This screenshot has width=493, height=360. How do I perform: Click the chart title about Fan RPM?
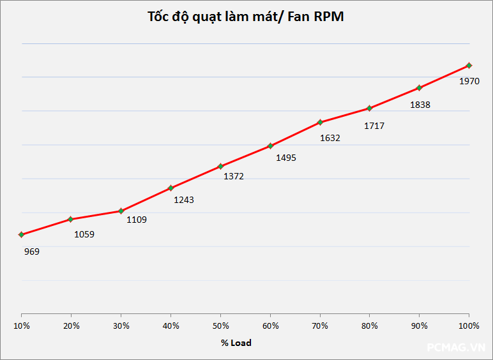coord(246,17)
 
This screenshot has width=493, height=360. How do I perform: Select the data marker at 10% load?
coord(21,234)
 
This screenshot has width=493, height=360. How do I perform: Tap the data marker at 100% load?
coord(469,65)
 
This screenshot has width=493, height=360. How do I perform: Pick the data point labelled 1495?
coord(270,146)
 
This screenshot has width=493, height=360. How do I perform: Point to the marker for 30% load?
coord(121,211)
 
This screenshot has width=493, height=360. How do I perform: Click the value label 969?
coord(32,251)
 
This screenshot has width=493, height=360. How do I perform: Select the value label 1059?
coord(84,234)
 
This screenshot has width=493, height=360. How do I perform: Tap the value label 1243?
coord(184,200)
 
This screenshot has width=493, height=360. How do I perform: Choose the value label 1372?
coord(234,176)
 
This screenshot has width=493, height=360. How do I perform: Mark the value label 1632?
coord(330,137)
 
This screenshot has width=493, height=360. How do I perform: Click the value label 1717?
coord(374,126)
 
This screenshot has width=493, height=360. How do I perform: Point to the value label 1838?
coord(420,105)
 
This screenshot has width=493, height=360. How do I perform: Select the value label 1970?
coord(469,81)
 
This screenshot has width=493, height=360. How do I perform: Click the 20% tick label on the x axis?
coord(71,326)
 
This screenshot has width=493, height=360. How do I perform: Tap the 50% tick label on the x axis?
coord(220,326)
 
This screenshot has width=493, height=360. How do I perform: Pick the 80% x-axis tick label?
coord(370,326)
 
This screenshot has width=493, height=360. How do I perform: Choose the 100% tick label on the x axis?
coord(469,326)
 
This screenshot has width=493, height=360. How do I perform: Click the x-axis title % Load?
coord(236,343)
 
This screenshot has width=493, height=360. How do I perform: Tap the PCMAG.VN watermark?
coord(456,347)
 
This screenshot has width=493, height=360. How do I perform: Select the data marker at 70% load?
coord(320,122)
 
